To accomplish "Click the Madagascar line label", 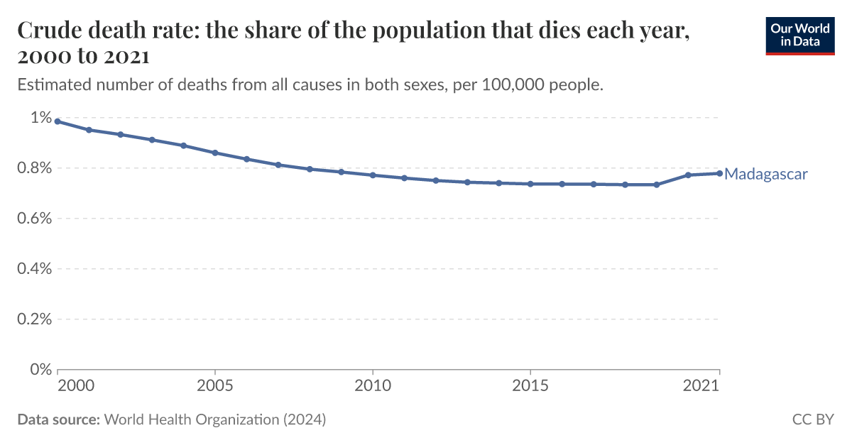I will coord(765,174).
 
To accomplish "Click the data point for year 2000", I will coord(58,121).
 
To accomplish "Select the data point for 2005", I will coord(215,153).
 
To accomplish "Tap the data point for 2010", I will coord(373,175).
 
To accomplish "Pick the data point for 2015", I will coord(530,184).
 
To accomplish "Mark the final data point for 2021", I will coord(719,173).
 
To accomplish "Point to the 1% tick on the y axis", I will coord(41,118).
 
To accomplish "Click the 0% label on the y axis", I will coord(41,370).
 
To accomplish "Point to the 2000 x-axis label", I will coord(75,386).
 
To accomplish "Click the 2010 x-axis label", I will coord(373,386).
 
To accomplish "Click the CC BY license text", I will coord(813,419).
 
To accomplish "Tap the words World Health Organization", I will coord(192,419).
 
